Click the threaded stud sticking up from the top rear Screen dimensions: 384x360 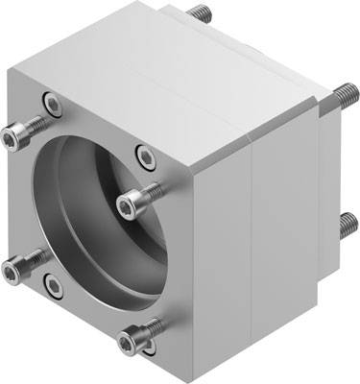(201, 12)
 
